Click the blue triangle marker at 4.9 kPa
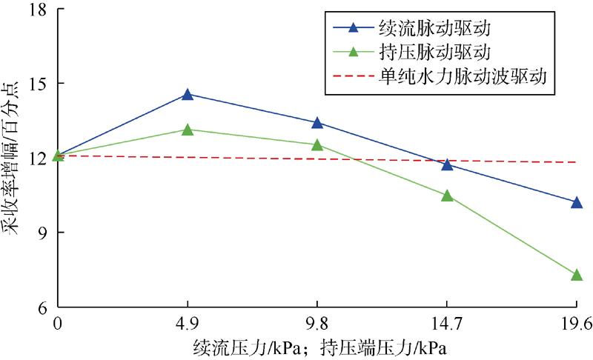pyautogui.click(x=188, y=94)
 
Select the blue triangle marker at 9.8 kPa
pyautogui.click(x=317, y=123)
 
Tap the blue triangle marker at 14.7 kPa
pyautogui.click(x=447, y=164)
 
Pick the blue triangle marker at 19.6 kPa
pyautogui.click(x=577, y=201)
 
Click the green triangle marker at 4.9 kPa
pyautogui.click(x=188, y=130)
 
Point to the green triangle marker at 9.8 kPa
pyautogui.click(x=317, y=145)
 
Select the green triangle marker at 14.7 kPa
pyautogui.click(x=447, y=196)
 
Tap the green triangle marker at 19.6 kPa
pyautogui.click(x=577, y=275)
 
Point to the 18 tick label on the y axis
pyautogui.click(x=37, y=10)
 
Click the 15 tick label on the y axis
pyautogui.click(x=37, y=84)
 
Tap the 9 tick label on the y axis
pyautogui.click(x=42, y=233)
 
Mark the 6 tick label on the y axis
pyautogui.click(x=42, y=307)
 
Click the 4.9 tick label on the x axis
pyautogui.click(x=188, y=323)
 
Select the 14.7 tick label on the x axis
pyautogui.click(x=447, y=323)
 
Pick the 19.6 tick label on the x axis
pyautogui.click(x=576, y=323)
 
